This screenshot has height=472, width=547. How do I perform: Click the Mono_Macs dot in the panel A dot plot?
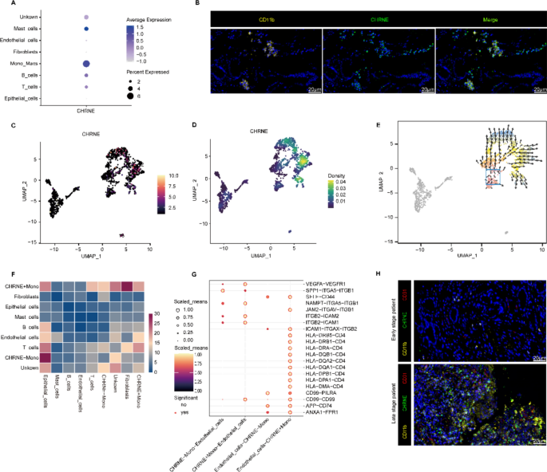[x=86, y=63]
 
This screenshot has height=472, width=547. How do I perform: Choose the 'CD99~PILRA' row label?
[x=323, y=391]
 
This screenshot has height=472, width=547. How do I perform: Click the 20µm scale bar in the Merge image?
[x=533, y=91]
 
